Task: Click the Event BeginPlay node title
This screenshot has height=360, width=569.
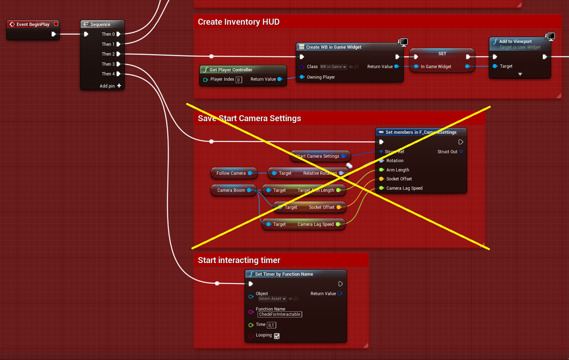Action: tap(32, 24)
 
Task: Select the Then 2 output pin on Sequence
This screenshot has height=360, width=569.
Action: tap(118, 54)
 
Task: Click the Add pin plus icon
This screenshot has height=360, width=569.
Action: tap(119, 86)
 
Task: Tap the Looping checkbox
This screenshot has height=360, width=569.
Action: tap(277, 336)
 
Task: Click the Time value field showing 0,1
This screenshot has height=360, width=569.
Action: tap(271, 325)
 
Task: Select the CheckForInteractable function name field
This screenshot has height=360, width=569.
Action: tap(279, 314)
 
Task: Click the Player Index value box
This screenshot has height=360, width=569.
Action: tap(238, 80)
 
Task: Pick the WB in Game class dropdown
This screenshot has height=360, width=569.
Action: tap(333, 67)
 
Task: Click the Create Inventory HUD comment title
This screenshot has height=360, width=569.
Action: tap(238, 22)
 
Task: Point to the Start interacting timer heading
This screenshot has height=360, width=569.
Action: tap(239, 260)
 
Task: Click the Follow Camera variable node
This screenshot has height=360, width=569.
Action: tap(231, 173)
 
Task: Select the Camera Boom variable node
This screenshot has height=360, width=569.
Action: tap(231, 190)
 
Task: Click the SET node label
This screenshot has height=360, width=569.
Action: tap(442, 54)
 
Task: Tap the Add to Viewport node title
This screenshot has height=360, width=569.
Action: tap(515, 41)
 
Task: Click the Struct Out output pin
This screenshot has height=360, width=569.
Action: tap(461, 152)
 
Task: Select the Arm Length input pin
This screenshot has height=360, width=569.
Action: tap(382, 170)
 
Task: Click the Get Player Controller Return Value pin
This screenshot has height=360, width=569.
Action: tap(280, 79)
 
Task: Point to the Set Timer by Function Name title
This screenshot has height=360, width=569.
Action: tap(284, 274)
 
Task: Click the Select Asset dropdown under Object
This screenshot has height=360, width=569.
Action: tap(272, 299)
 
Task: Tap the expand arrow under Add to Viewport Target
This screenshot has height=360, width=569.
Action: tap(520, 74)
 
